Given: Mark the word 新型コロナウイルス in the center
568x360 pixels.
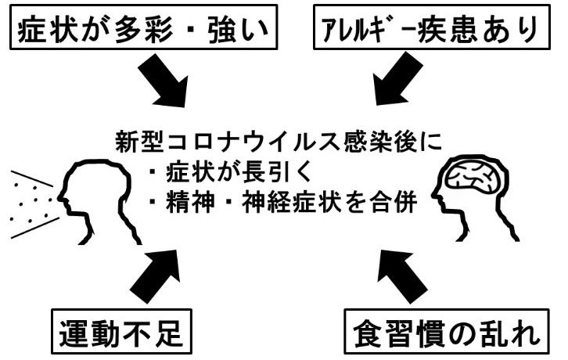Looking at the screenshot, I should click(x=220, y=145).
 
